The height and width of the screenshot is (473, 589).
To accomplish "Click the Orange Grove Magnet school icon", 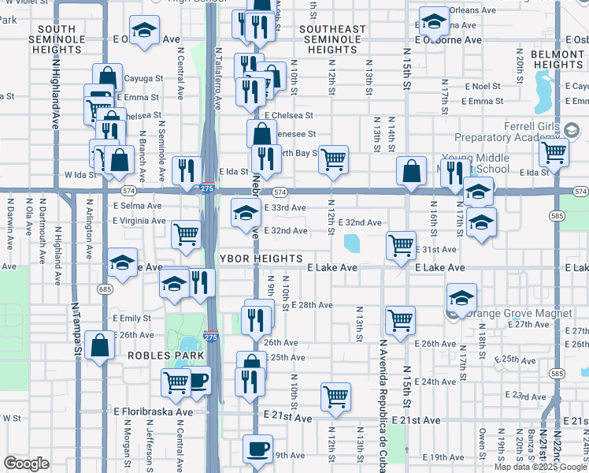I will [x=462, y=298].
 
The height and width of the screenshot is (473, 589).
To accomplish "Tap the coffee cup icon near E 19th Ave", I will [x=257, y=450].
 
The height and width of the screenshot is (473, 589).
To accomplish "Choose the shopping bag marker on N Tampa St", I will [x=99, y=345].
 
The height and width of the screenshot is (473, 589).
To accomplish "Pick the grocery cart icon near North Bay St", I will [x=334, y=158].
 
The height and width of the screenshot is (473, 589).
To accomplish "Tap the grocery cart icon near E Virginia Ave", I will [x=186, y=233].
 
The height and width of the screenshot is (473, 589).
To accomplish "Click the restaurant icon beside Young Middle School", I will [x=453, y=171].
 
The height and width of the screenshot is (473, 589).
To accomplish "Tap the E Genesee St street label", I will [x=290, y=135].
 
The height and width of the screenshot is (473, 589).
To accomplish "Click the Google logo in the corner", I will [x=27, y=464].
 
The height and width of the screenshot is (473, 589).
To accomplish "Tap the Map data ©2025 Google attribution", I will [x=539, y=467].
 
